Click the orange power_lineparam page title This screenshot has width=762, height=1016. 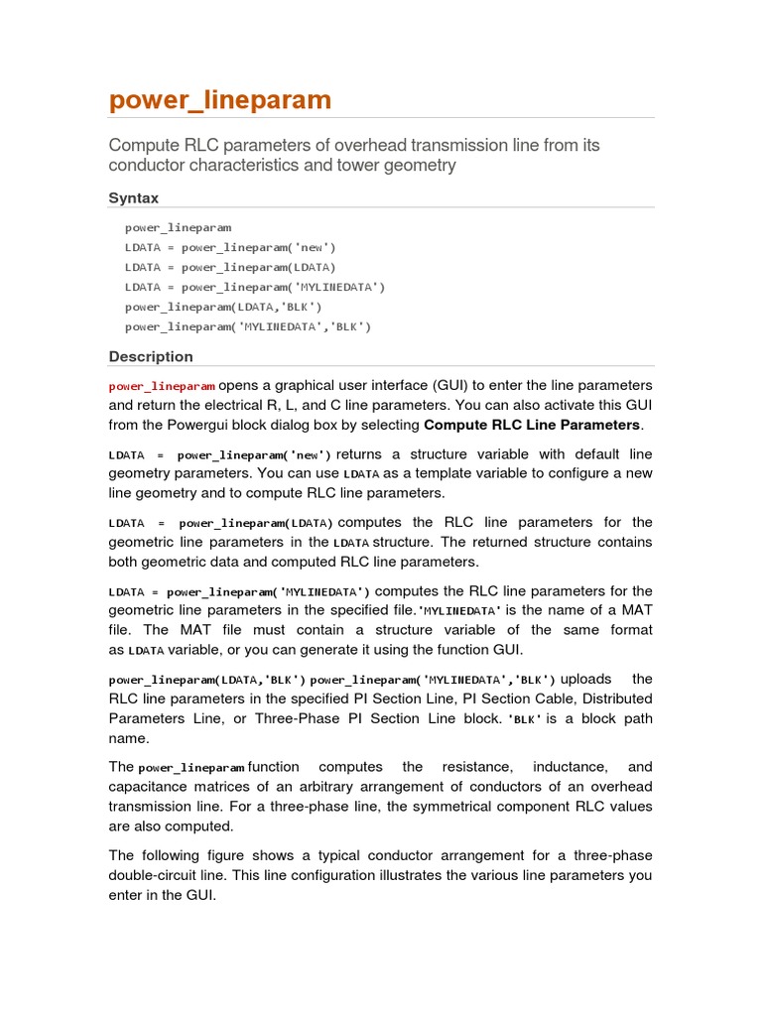[x=219, y=101]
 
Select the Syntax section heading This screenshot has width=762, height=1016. [x=133, y=198]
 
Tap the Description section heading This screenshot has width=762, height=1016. [x=151, y=357]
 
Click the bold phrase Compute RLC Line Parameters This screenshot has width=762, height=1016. [x=533, y=425]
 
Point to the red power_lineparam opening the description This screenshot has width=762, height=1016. [x=162, y=386]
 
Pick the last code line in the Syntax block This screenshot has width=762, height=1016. [x=248, y=326]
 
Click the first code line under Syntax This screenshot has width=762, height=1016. [x=178, y=227]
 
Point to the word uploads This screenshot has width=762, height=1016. [x=586, y=679]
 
